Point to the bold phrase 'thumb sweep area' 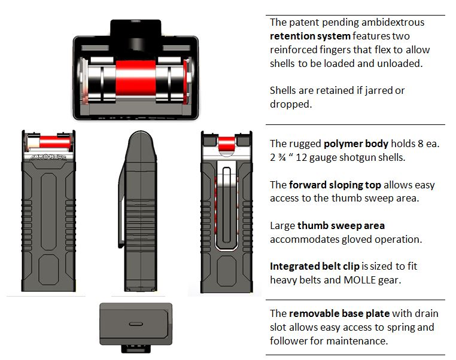(343, 225)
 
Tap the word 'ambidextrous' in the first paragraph (397, 22)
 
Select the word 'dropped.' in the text (291, 104)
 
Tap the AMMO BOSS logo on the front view (49, 155)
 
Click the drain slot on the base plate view (135, 323)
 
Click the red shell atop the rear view (226, 144)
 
